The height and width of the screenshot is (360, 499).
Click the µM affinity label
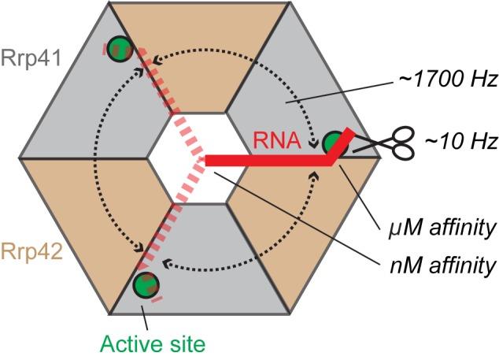(448, 228)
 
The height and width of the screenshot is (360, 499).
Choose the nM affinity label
(448, 264)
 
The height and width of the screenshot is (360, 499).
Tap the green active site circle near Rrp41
(119, 46)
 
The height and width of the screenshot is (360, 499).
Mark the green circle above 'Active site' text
(143, 284)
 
